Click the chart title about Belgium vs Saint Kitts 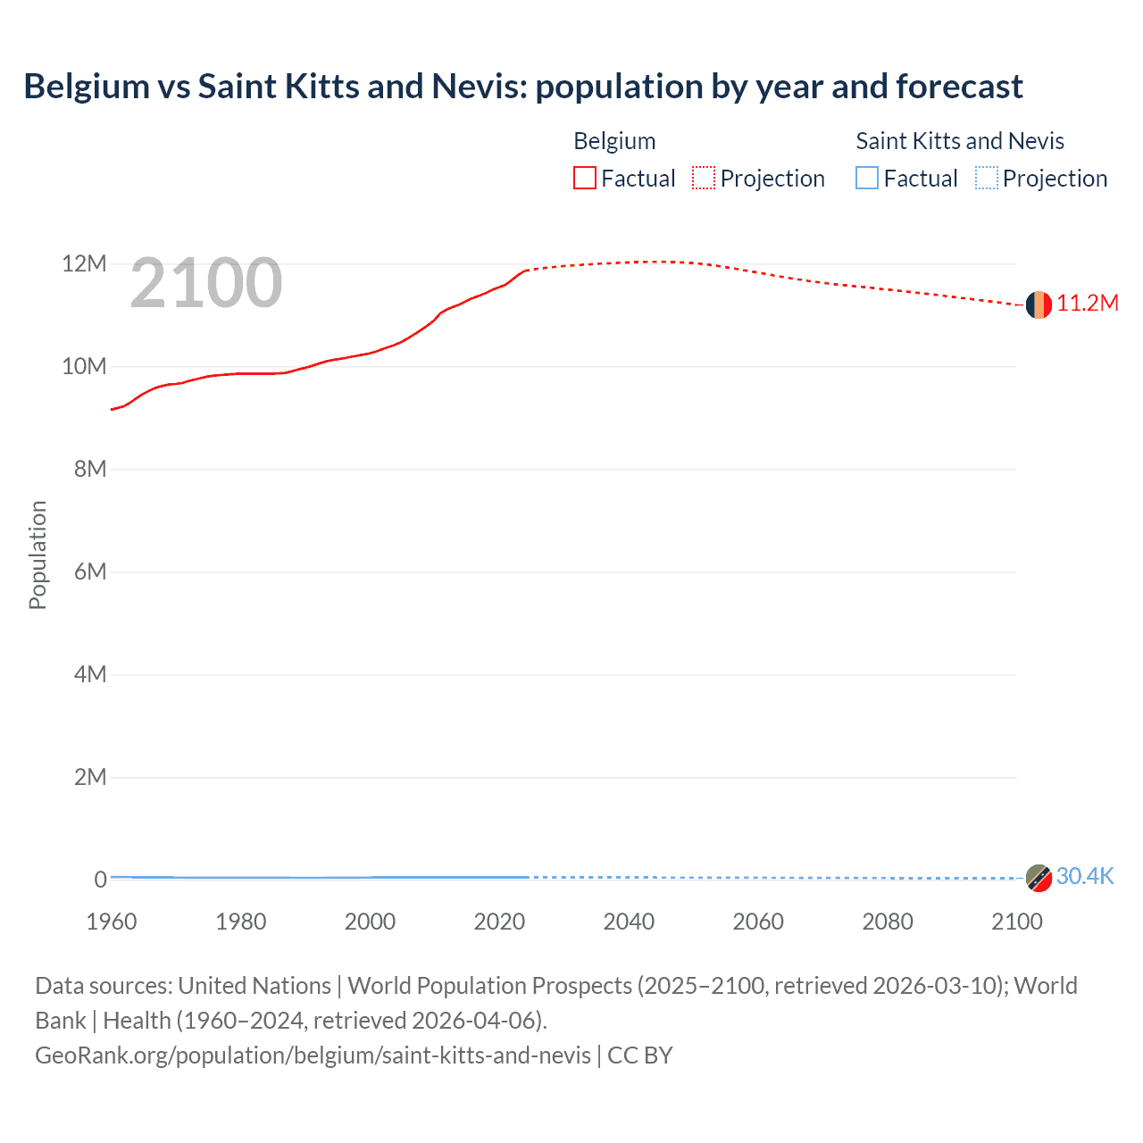[522, 87]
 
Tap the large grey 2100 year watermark [206, 283]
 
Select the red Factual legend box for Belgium [585, 178]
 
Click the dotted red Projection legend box [704, 178]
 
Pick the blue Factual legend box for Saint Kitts [867, 178]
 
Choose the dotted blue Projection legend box [987, 178]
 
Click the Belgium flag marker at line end [1038, 305]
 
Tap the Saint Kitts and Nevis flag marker [1038, 878]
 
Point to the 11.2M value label [1088, 304]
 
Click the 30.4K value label [1085, 876]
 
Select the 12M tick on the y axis [84, 263]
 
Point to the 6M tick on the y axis [90, 571]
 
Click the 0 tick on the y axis [101, 880]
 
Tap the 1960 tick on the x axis [112, 922]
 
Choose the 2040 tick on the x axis [629, 922]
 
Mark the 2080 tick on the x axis [888, 922]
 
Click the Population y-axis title [38, 555]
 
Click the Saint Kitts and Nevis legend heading [960, 141]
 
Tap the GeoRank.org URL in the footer [313, 1055]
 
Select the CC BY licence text [640, 1055]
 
